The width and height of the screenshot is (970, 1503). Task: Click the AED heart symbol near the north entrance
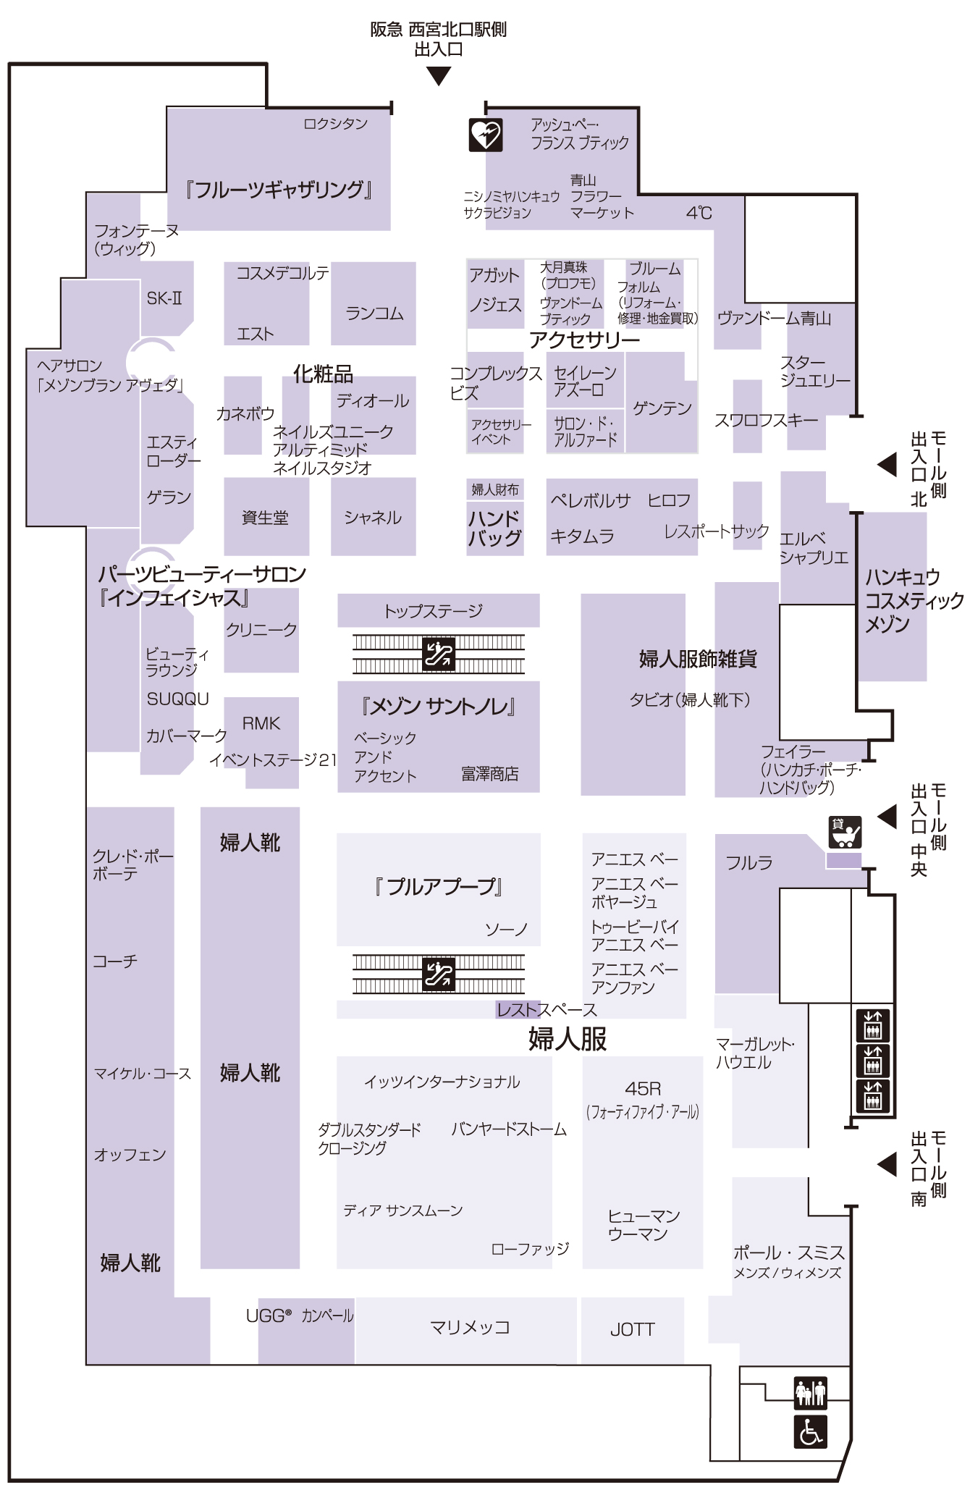(485, 135)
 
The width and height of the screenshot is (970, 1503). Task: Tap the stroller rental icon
(845, 832)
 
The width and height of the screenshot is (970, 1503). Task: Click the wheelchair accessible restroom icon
(810, 1432)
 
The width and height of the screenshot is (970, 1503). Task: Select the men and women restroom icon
(810, 1392)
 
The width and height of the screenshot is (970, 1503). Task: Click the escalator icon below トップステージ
(439, 653)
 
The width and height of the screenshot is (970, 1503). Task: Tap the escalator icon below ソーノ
(439, 974)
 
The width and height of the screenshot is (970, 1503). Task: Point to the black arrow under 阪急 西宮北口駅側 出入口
(439, 76)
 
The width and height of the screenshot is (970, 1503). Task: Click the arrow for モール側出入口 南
(887, 1164)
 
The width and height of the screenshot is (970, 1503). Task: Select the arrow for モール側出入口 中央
(887, 816)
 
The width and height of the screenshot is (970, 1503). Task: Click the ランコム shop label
(374, 313)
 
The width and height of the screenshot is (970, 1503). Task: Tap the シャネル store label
(373, 518)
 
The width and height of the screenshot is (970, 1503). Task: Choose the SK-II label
(164, 298)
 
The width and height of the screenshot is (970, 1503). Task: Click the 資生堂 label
(265, 518)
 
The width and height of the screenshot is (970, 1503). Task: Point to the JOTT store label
(632, 1329)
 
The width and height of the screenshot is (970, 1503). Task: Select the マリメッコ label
(470, 1327)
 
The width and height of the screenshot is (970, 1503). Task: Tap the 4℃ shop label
(699, 213)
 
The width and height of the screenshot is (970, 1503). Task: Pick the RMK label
(261, 723)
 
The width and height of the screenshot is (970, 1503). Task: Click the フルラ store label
(749, 862)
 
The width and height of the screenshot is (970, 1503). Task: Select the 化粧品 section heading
(323, 374)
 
